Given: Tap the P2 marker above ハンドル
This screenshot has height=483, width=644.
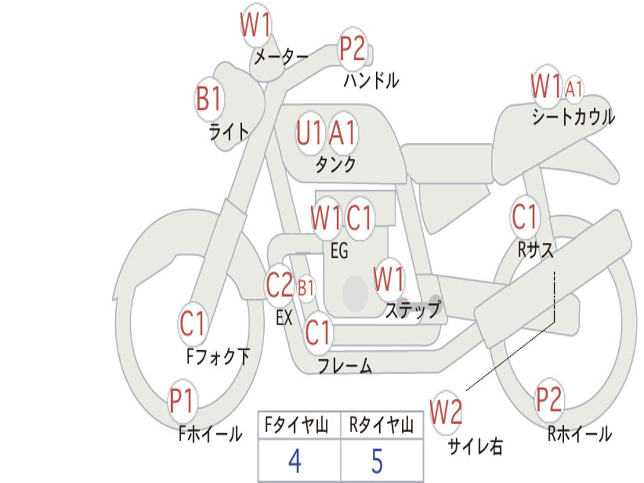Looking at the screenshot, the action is (x=353, y=49).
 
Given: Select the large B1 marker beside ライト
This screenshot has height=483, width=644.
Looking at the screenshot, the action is (x=209, y=99).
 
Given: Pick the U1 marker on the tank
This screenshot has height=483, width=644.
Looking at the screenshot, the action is (x=309, y=133).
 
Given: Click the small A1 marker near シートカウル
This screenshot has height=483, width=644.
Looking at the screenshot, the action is (x=574, y=88).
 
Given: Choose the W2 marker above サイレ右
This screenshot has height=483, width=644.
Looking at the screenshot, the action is (x=446, y=413).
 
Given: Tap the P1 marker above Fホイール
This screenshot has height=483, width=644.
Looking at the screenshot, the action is (x=183, y=401).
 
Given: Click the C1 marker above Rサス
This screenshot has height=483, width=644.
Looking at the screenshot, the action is (x=525, y=218).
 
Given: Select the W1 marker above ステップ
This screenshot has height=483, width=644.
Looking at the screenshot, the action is (x=389, y=279).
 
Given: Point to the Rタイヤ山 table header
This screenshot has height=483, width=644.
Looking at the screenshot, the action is (x=381, y=427).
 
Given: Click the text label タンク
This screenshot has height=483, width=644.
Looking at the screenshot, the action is (x=335, y=165).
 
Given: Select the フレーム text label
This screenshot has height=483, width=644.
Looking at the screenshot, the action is (x=345, y=365).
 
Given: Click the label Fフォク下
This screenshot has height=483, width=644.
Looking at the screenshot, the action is (x=218, y=357).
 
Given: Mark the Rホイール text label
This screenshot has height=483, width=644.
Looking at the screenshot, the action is (x=579, y=433).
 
